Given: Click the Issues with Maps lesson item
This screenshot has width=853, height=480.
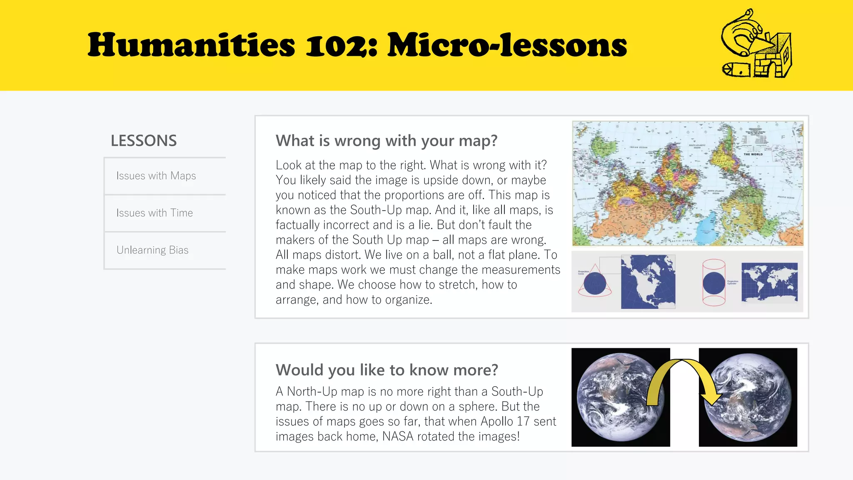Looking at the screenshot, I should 156,176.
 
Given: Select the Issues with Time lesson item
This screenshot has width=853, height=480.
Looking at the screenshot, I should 155,213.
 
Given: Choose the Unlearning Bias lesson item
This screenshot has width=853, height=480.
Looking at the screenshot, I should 152,250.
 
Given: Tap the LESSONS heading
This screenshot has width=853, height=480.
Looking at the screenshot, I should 144,141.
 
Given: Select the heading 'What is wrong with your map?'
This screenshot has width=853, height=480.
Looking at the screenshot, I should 387,141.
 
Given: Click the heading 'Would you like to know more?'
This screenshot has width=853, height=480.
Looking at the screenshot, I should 387,370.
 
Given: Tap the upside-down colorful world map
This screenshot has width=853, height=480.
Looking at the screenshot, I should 687,184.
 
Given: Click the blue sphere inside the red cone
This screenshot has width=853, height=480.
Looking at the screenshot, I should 594,283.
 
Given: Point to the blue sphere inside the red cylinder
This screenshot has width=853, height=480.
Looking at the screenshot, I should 714,283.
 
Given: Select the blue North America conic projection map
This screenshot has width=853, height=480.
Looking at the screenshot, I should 648,282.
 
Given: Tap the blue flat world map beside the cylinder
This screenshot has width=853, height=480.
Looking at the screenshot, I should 769,282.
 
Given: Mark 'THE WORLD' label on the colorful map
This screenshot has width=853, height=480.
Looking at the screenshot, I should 753,154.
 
